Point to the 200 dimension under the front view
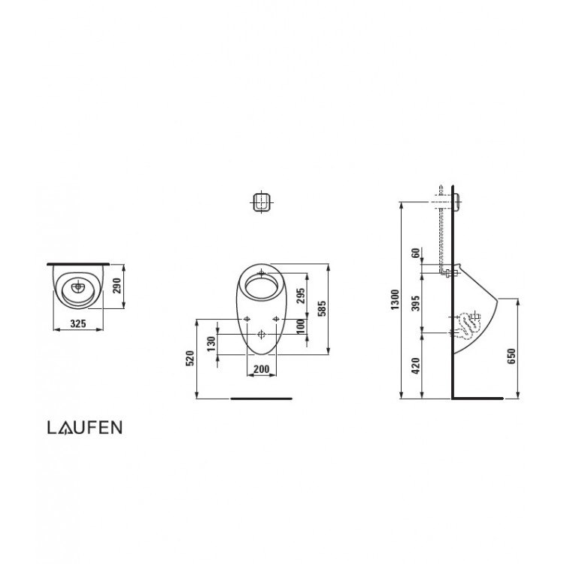pos(262,368)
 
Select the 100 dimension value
pos(301,326)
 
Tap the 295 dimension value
pos(301,296)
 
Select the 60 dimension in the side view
pos(415,253)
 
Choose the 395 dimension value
pos(415,303)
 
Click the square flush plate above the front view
pos(261,202)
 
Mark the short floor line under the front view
pos(261,397)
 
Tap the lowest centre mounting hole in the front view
pos(261,332)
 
